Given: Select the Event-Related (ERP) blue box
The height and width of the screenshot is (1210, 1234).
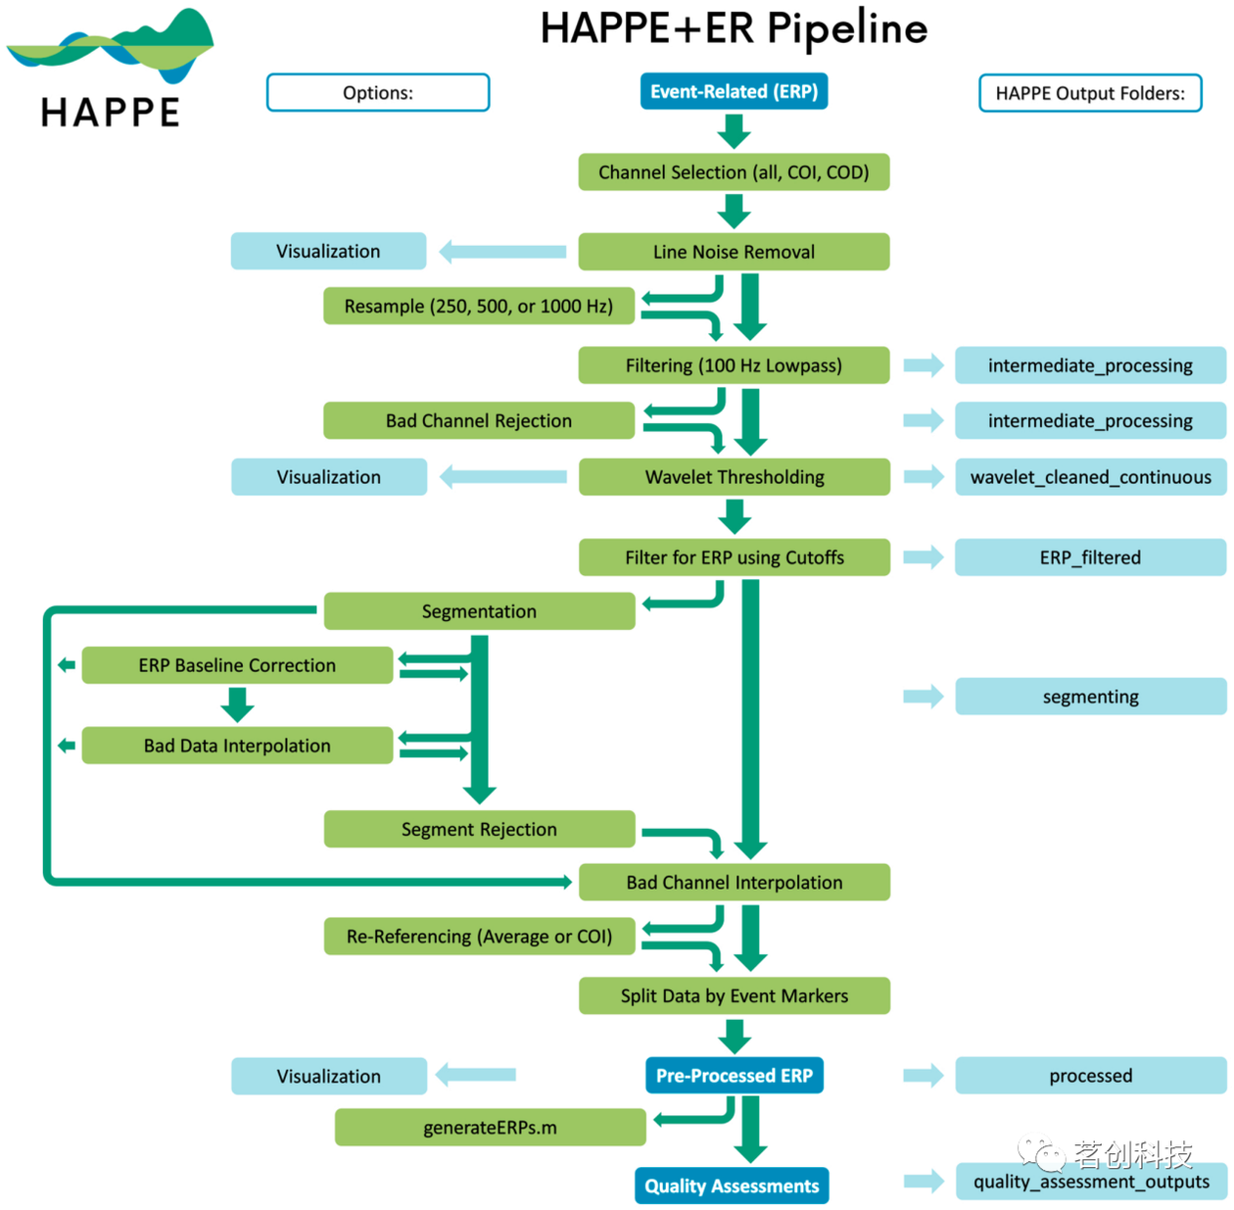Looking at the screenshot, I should [x=733, y=92].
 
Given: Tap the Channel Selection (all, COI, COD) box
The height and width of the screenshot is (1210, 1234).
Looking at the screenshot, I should [x=733, y=172].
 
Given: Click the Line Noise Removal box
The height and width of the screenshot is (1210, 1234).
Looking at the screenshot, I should [x=733, y=252].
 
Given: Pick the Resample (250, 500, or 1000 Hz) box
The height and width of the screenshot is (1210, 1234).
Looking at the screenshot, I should [x=479, y=306].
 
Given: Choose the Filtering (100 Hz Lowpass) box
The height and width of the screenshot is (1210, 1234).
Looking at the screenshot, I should [x=733, y=365].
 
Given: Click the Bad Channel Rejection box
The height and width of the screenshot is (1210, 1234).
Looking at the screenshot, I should [x=479, y=421].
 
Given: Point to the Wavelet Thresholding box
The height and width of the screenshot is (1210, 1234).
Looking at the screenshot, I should [x=733, y=477].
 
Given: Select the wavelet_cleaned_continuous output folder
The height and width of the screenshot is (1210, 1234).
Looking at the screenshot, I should [x=1091, y=477].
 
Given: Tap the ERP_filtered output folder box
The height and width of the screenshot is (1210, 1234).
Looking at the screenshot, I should [x=1091, y=557].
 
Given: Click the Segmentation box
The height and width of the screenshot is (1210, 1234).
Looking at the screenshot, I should [x=479, y=611].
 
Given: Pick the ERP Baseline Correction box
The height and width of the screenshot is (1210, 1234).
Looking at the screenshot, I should [x=237, y=665].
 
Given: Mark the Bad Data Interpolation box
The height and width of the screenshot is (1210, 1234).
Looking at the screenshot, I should [x=237, y=745].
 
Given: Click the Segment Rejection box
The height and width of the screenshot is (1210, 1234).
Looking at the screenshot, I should [x=479, y=829].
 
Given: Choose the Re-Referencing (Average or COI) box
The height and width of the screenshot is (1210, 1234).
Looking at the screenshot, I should [x=479, y=936].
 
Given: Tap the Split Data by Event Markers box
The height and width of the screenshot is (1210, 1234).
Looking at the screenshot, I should [x=733, y=996].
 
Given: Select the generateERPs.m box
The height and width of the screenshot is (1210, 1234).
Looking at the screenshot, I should [x=490, y=1127].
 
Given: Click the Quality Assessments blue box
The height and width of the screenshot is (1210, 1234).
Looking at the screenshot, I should [x=731, y=1185].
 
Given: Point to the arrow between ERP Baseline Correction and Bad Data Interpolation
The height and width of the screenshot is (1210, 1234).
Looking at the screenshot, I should [x=237, y=705].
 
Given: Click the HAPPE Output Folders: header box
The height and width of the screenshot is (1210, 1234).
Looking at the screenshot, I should [x=1090, y=94].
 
